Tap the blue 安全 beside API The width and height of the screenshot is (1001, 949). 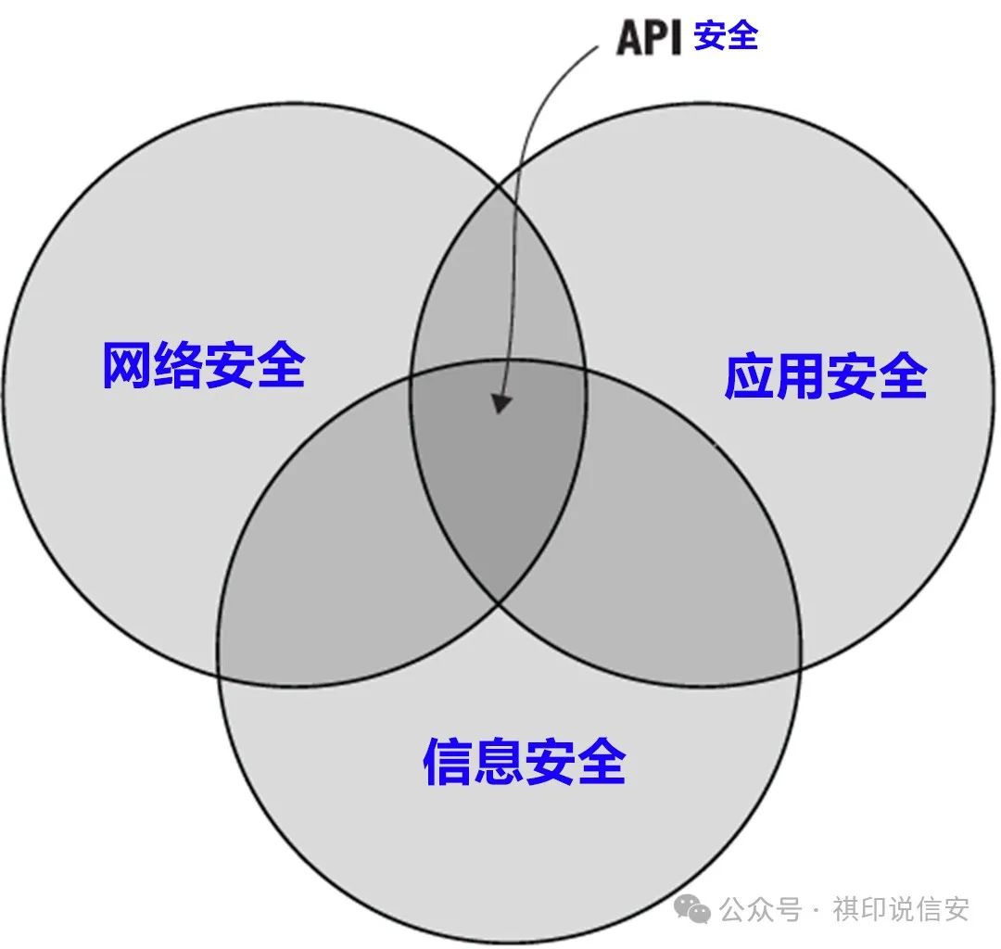(x=726, y=36)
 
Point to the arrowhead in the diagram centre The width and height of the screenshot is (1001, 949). (x=501, y=403)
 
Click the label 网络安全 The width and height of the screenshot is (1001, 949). (x=204, y=365)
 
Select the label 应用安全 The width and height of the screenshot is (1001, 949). (x=826, y=376)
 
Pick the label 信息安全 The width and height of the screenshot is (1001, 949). (x=524, y=762)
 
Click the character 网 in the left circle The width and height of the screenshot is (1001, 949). (x=127, y=365)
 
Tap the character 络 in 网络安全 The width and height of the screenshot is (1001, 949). (x=178, y=365)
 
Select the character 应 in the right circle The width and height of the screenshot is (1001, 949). (x=749, y=376)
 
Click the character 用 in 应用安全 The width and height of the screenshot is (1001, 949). (x=799, y=376)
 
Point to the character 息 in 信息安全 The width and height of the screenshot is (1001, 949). (x=499, y=762)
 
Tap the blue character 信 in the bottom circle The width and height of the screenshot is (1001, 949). (x=448, y=762)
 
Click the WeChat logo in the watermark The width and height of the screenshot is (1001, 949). (x=692, y=907)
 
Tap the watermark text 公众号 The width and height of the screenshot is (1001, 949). (x=760, y=909)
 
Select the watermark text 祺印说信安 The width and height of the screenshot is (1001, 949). (x=900, y=909)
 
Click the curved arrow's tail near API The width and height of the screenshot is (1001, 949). (x=597, y=46)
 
